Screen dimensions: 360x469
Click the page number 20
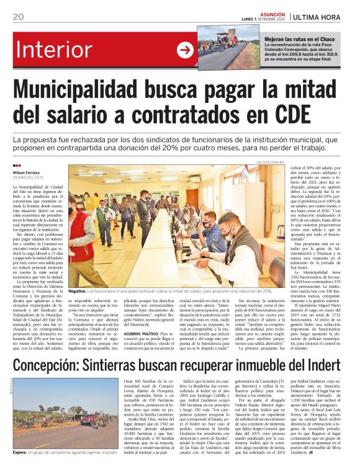pos(17,16)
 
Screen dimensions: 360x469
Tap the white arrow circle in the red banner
pos(185,51)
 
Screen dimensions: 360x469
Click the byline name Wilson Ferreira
pos(25,172)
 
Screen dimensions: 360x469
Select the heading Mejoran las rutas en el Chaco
pos(301,38)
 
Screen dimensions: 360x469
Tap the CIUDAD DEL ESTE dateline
pos(27,178)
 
